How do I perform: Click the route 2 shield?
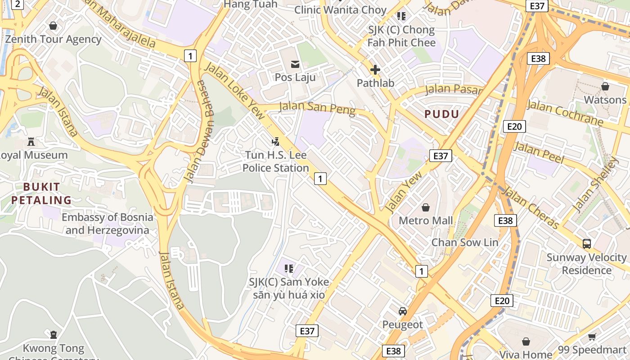[17, 4]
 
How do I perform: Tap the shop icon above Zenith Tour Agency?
[53, 26]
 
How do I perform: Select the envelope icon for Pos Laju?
[295, 64]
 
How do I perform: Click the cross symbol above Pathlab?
[375, 70]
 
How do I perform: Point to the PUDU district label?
[441, 114]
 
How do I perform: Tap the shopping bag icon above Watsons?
[605, 86]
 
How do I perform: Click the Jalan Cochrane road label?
[565, 113]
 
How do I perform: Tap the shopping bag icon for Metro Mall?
[425, 207]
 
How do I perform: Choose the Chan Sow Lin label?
[465, 243]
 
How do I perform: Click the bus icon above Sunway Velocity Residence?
[586, 244]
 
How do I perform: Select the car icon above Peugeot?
[403, 311]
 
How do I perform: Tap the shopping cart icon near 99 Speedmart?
[592, 337]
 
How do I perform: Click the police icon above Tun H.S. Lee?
[275, 142]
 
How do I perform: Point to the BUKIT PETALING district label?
[41, 193]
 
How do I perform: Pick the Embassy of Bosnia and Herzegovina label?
[107, 224]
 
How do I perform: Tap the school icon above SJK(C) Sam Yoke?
[289, 269]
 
